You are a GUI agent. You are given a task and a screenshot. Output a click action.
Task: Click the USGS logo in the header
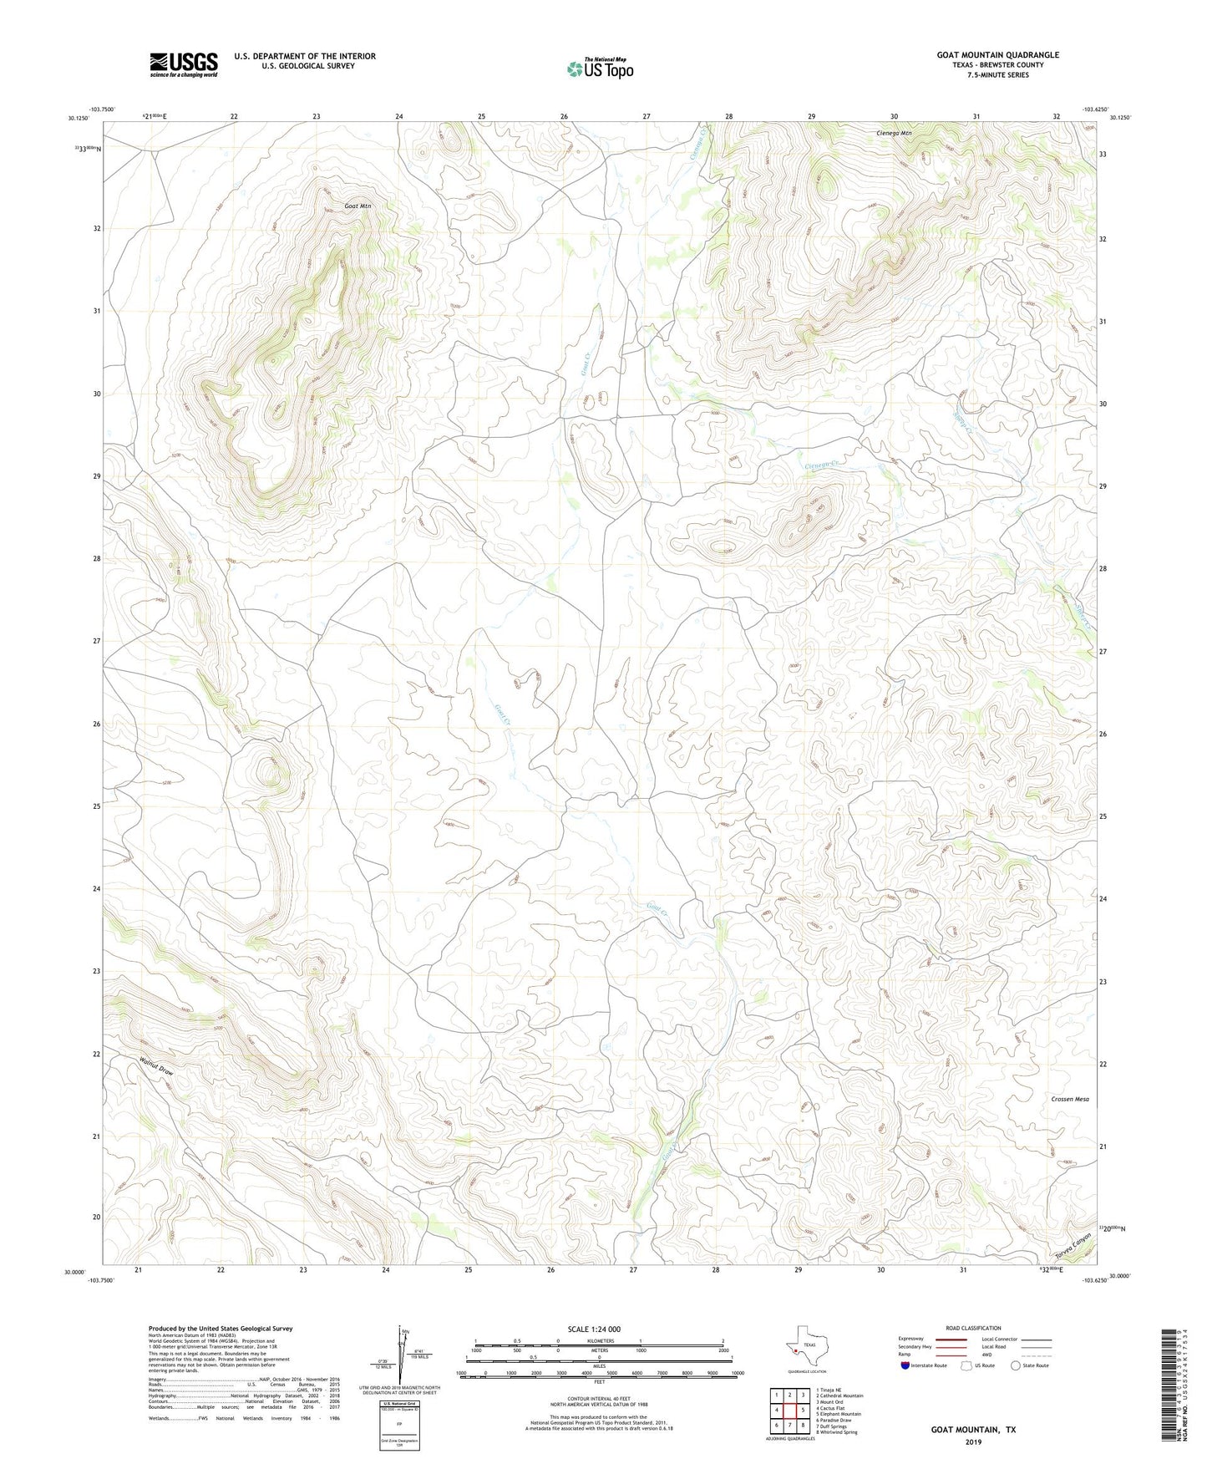click(183, 64)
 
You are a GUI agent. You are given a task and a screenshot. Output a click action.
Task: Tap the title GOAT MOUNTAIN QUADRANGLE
click(997, 55)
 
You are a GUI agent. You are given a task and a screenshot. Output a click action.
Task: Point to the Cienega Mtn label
click(894, 133)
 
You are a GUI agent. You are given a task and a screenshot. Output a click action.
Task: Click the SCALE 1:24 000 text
click(594, 1329)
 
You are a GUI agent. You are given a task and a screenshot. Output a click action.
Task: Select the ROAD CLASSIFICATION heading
click(973, 1328)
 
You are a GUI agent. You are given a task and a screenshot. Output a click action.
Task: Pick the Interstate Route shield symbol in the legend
click(905, 1365)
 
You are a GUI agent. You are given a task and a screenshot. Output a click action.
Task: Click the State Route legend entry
click(1029, 1365)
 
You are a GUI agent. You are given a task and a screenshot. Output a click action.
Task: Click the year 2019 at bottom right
click(973, 1441)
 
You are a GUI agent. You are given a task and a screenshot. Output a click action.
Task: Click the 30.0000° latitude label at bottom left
click(74, 1273)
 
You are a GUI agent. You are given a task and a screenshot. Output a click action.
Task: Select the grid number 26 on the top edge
click(564, 116)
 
